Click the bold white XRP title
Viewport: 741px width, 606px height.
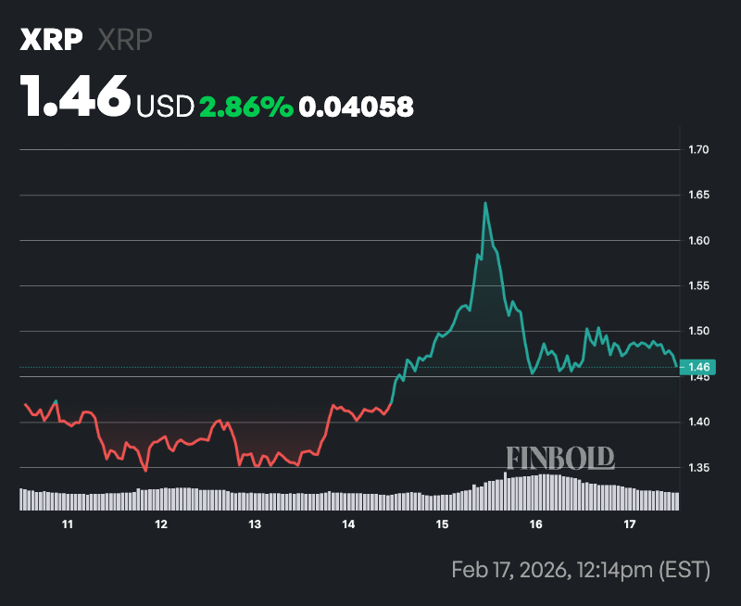[52, 40]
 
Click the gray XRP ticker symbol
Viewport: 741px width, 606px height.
[125, 40]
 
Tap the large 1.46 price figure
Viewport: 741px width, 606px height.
[76, 96]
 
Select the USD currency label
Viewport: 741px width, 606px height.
[165, 107]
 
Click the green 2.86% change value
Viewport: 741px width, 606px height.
[246, 107]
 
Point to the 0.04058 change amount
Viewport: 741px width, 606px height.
[358, 107]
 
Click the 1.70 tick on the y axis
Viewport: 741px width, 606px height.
[699, 149]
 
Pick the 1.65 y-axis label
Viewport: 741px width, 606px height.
[699, 196]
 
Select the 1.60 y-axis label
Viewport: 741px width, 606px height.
[699, 241]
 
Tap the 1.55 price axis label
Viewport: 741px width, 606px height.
[699, 286]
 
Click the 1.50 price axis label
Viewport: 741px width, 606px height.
[699, 332]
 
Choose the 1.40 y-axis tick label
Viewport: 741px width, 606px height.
[699, 423]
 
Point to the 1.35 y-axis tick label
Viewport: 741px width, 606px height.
[699, 468]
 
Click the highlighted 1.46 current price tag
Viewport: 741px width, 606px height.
[698, 368]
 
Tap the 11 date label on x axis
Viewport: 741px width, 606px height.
[68, 525]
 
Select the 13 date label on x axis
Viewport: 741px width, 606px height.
[255, 525]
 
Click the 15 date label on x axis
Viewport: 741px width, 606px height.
[443, 525]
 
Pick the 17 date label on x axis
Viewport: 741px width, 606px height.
[630, 525]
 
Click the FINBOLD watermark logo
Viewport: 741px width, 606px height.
[560, 457]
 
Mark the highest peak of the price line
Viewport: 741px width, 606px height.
[484, 203]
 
